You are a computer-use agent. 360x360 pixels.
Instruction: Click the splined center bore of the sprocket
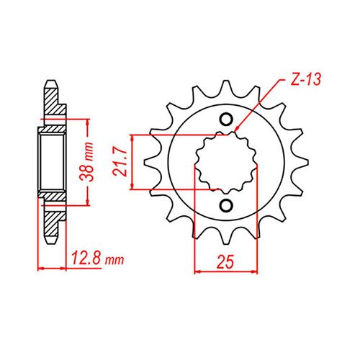(226, 163)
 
